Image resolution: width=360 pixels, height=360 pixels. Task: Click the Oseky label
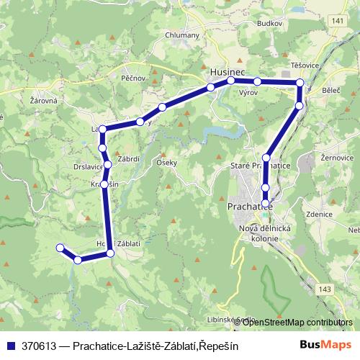pos(166,163)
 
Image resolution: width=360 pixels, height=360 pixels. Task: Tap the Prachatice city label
pos(245,207)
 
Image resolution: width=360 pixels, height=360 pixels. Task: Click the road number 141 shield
pos(338,22)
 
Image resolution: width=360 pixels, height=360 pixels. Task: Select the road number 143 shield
pos(325,289)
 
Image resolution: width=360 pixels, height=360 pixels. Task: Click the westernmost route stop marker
pos(60,248)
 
